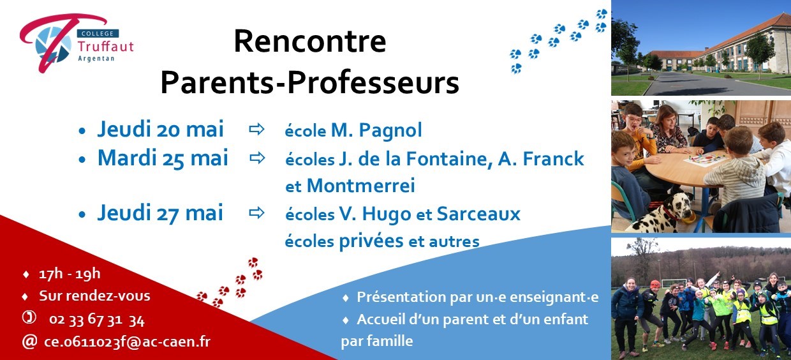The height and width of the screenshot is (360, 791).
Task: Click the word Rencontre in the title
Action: pyautogui.click(x=310, y=41)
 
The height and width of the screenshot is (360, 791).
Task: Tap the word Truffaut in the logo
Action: pyautogui.click(x=106, y=47)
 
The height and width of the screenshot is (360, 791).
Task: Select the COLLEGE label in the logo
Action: pyautogui.click(x=98, y=34)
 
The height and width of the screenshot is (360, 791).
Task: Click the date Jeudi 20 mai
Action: pyautogui.click(x=161, y=130)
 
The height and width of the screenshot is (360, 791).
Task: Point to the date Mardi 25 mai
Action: pyautogui.click(x=163, y=158)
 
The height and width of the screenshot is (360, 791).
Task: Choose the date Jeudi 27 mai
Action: pyautogui.click(x=160, y=213)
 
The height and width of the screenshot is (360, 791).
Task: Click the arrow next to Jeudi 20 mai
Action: pyautogui.click(x=256, y=130)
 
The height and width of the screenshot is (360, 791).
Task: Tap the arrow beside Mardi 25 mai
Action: pyautogui.click(x=258, y=158)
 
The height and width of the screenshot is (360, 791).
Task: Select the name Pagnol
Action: pyautogui.click(x=390, y=131)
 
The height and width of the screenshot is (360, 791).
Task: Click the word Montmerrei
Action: pyautogui.click(x=361, y=186)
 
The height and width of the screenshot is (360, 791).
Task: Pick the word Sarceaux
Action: pyautogui.click(x=478, y=214)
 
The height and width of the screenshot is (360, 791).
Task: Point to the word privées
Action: pyautogui.click(x=371, y=242)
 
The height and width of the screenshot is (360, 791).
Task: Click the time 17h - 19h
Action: pyautogui.click(x=70, y=274)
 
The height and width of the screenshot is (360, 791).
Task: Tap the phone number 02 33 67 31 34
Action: pyautogui.click(x=97, y=320)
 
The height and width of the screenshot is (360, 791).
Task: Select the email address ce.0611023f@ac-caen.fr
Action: pyautogui.click(x=127, y=342)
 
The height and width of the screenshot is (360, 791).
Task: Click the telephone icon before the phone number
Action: pyautogui.click(x=29, y=317)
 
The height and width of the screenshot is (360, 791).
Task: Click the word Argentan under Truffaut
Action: pyautogui.click(x=96, y=59)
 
